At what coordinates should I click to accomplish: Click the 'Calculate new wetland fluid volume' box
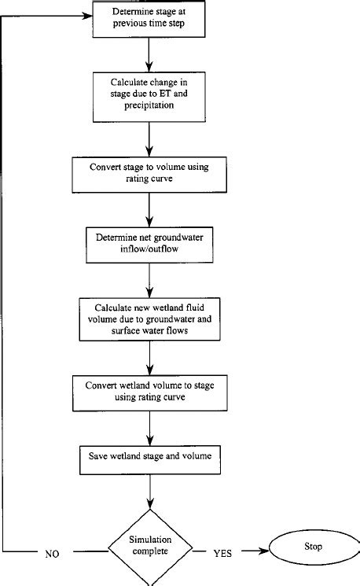click(x=149, y=319)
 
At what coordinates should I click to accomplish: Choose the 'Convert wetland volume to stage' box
click(x=149, y=392)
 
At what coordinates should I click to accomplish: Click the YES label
click(x=222, y=553)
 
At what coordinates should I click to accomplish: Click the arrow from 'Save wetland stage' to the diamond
click(x=149, y=492)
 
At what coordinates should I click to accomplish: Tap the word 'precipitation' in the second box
click(x=148, y=105)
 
